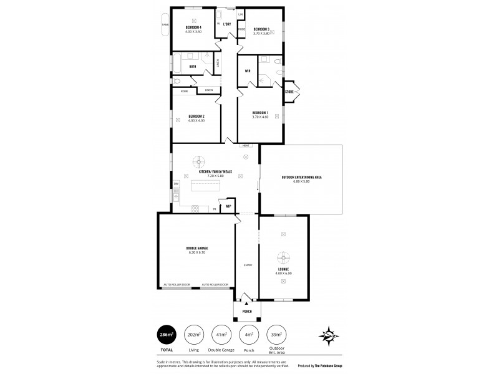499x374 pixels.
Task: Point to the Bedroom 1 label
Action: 259,112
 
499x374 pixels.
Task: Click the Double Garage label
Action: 196,248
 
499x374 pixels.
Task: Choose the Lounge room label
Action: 283,269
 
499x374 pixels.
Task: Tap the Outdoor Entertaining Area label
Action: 301,178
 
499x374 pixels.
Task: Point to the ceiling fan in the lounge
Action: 283,257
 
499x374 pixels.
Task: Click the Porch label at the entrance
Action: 247,313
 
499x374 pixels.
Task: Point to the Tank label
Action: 165,24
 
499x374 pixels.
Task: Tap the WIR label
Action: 248,70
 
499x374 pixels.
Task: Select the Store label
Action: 289,92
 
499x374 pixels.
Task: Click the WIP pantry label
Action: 228,205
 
